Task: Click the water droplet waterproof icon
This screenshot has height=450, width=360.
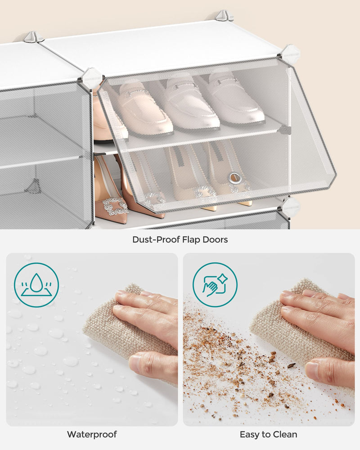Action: point(36,285)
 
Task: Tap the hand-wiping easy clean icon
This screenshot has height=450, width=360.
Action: point(215,285)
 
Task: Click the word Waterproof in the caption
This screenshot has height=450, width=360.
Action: point(92,434)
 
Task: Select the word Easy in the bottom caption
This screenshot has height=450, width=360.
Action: point(248,434)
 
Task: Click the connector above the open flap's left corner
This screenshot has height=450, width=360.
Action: point(92,77)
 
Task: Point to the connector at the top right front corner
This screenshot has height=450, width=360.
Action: point(291,54)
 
